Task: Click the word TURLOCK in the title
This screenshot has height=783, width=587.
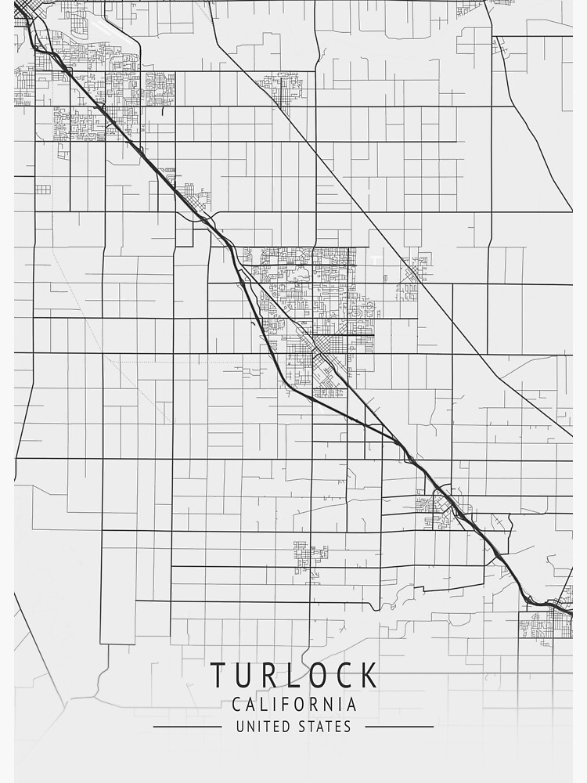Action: point(293,675)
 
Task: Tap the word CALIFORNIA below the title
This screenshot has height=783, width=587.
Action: point(294,705)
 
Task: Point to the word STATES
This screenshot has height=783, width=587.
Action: point(322,727)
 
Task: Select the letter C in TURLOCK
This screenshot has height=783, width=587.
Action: point(341,675)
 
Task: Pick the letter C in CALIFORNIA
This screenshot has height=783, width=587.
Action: point(237,705)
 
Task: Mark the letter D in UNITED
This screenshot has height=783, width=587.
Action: point(282,727)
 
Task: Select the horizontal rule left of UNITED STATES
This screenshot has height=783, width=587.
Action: point(187,727)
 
